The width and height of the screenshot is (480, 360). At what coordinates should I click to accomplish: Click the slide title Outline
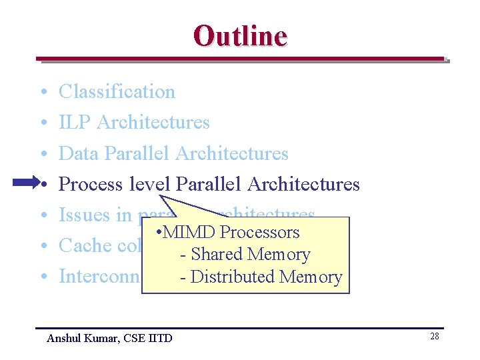(x=240, y=35)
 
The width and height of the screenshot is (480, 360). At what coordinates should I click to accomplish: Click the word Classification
(x=117, y=91)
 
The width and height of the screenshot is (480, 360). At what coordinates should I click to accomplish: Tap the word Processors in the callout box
(x=260, y=232)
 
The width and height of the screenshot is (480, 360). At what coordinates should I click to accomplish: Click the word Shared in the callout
(x=217, y=254)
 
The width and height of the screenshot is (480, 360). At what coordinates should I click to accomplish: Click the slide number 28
(x=434, y=336)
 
